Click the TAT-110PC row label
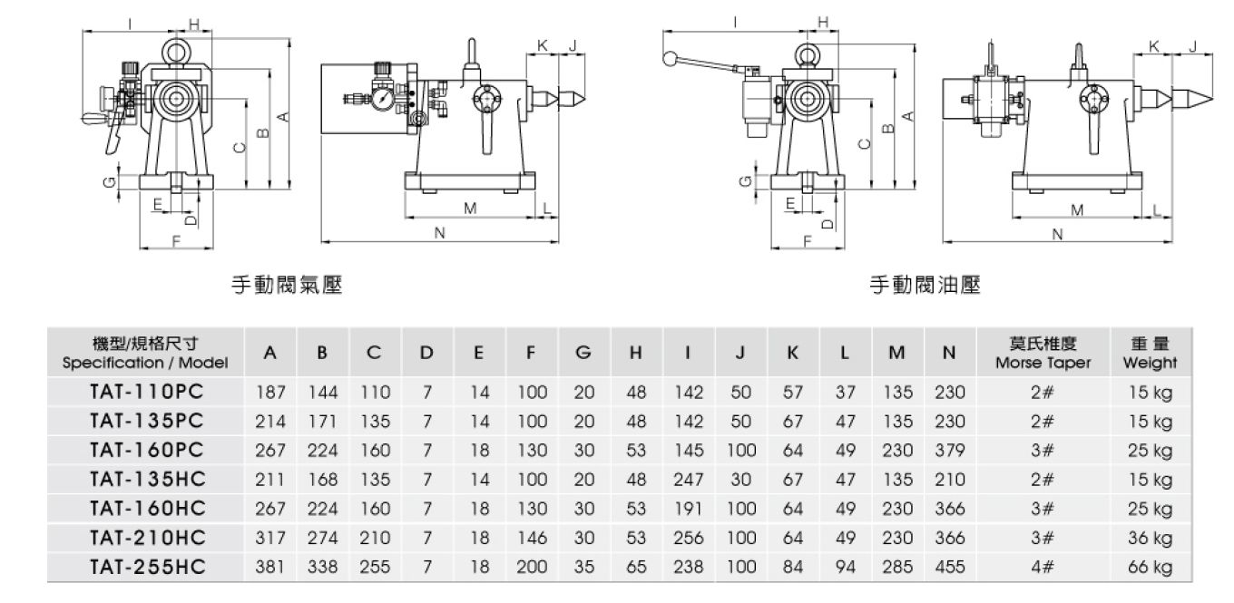click(146, 394)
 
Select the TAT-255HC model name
click(146, 568)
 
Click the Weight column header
click(1150, 354)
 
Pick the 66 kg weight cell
click(1150, 568)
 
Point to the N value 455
click(949, 568)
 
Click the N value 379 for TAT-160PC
click(949, 452)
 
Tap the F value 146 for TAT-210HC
click(532, 539)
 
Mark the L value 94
click(845, 568)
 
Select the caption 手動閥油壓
click(925, 286)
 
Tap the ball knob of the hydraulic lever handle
click(671, 59)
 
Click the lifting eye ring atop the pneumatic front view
click(175, 45)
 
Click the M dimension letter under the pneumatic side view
click(470, 209)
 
